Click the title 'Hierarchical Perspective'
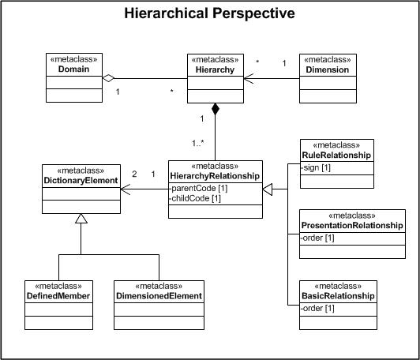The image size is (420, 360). [x=210, y=13]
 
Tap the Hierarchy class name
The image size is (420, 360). [x=214, y=69]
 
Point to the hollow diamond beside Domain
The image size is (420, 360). [x=111, y=77]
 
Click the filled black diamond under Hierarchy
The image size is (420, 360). [x=215, y=110]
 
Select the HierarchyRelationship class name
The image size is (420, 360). [x=215, y=176]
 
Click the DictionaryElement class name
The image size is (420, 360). [x=81, y=180]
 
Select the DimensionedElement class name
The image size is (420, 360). [x=159, y=295]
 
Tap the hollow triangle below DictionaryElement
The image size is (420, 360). [x=81, y=220]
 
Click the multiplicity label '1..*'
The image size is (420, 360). [x=198, y=143]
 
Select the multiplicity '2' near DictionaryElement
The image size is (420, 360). [x=135, y=174]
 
